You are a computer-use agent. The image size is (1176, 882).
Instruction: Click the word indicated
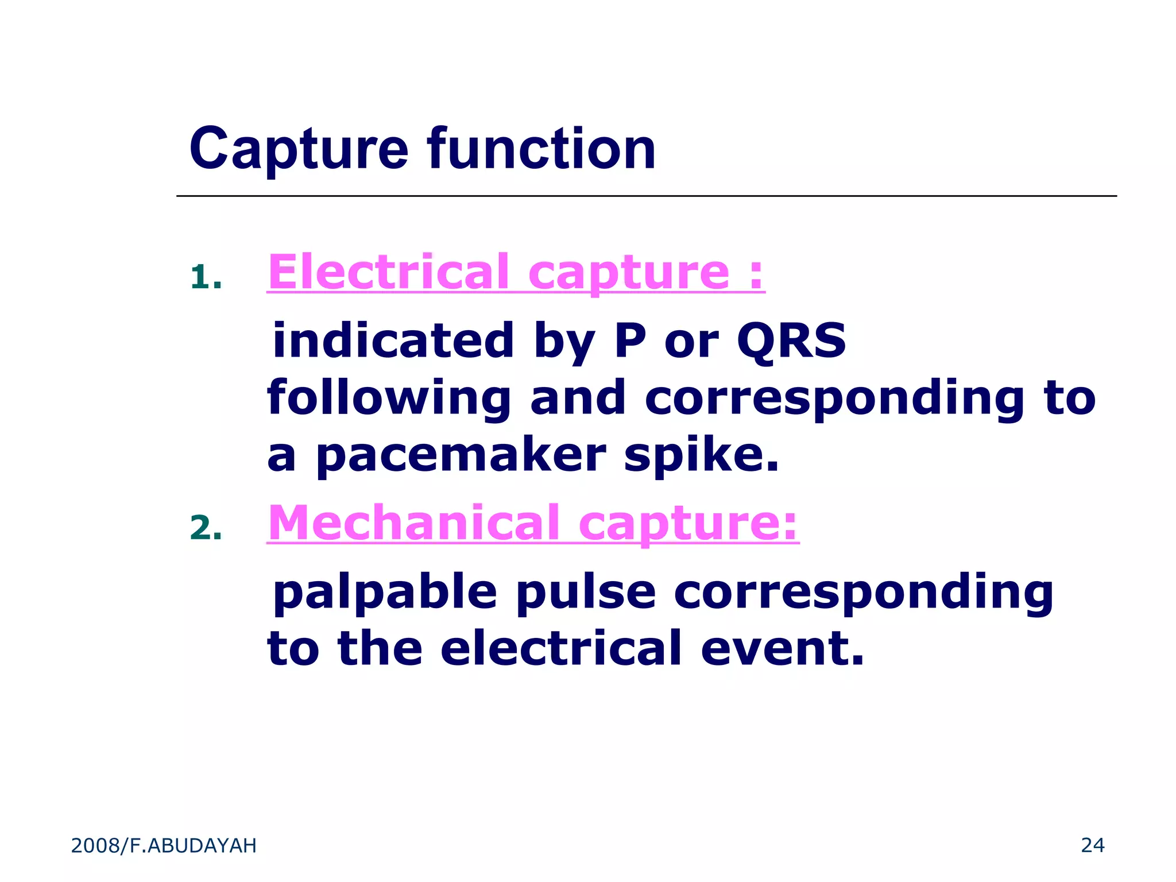[393, 341]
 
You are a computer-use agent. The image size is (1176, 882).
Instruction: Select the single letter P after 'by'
[630, 341]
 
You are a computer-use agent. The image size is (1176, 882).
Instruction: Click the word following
[389, 398]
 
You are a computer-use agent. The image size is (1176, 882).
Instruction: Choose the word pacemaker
[461, 455]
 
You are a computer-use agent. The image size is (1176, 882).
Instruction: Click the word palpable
[385, 592]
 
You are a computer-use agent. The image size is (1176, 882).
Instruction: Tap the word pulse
[585, 592]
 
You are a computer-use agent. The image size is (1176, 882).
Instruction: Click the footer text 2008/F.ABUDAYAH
[164, 846]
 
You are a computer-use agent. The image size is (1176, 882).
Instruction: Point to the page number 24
[1093, 845]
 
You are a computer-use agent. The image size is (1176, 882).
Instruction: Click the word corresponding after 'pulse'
[864, 593]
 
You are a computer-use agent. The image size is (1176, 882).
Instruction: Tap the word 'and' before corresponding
[578, 398]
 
